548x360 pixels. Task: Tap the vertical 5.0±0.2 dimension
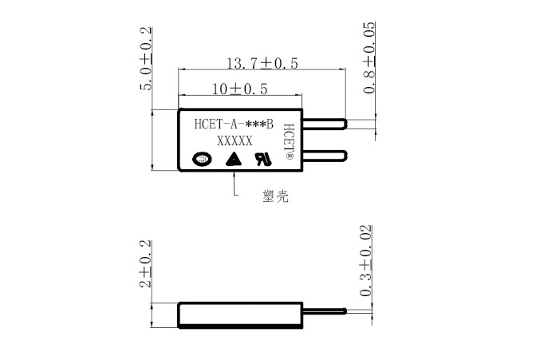pos(147,59)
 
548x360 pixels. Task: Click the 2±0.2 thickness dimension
pos(146,263)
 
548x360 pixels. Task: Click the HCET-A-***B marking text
pos(234,124)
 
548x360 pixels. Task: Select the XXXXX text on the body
pos(235,140)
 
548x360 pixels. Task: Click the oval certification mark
pos(202,159)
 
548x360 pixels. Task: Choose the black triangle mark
pos(233,159)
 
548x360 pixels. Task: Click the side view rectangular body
pos(240,315)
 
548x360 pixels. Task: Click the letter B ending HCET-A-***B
pos(270,124)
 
